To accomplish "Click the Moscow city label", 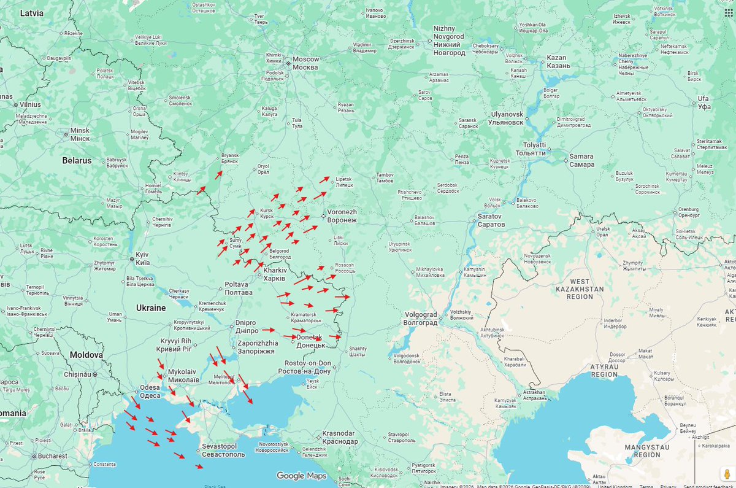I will point(305,63).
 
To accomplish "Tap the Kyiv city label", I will point(142,258).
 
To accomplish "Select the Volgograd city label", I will point(420,319).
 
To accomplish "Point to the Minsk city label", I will point(80,134).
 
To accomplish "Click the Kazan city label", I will point(558,61).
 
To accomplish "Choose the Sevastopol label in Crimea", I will point(223,450).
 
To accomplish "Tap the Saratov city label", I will point(491,220).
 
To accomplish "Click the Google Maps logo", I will point(301,476).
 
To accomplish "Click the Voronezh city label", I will point(342,215).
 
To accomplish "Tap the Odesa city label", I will point(150,391).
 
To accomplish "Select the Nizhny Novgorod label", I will point(449,41).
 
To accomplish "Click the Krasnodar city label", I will point(339,437).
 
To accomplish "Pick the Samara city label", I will point(581,160).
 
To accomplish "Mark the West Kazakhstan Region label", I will point(579,292).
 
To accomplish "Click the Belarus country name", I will point(77,161).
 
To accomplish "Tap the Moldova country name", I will point(86,355).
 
